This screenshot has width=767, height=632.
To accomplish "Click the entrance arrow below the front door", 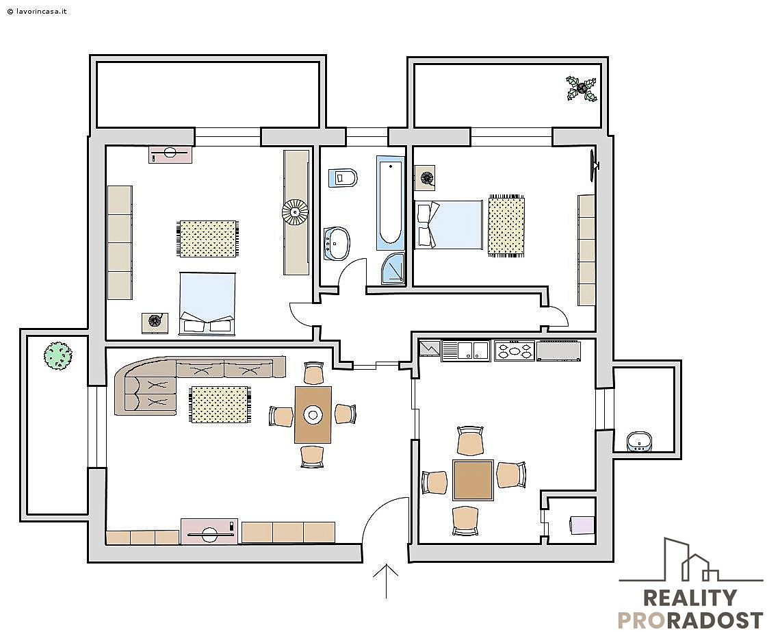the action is [x=386, y=581].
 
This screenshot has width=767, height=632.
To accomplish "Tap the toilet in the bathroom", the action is [x=343, y=177].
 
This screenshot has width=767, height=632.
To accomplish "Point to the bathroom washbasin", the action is [x=337, y=243].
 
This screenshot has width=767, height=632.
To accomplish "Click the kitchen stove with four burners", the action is [x=514, y=351].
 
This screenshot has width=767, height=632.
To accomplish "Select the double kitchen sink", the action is [x=465, y=351].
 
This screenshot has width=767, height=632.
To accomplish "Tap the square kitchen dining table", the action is [x=473, y=480].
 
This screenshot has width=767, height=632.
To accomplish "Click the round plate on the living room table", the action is [x=313, y=415].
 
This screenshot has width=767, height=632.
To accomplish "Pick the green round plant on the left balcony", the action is [x=57, y=355].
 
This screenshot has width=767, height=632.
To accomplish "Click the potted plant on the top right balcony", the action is [x=582, y=88].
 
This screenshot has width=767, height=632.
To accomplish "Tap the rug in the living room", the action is [x=220, y=405].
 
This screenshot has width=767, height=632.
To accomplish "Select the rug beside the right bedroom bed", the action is [x=506, y=226].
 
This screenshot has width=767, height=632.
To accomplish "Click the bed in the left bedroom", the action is [x=207, y=303].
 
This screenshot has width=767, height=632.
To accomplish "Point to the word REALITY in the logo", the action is [x=689, y=598].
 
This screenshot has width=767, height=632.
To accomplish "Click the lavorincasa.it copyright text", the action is [x=37, y=11].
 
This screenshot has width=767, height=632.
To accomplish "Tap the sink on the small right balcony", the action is [x=639, y=442].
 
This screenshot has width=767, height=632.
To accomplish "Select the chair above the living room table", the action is [x=313, y=373].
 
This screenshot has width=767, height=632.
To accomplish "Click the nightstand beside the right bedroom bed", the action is [x=425, y=178].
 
